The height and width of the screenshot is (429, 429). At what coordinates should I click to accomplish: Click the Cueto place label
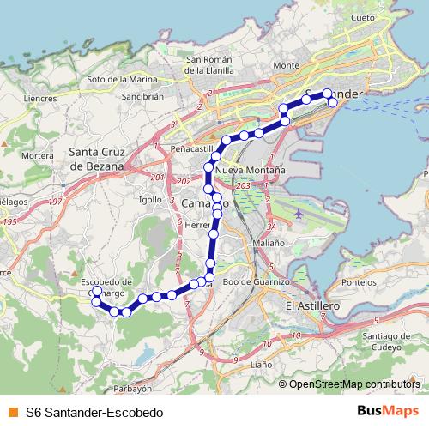click(x=363, y=17)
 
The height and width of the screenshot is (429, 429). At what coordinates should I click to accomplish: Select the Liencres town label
click(x=41, y=99)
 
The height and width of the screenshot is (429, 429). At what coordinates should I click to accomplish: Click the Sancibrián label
click(x=142, y=97)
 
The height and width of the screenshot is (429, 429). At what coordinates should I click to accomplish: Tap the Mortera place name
click(x=37, y=156)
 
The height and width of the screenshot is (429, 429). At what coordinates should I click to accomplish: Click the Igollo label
click(x=150, y=198)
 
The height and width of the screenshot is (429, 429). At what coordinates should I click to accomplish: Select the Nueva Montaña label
click(x=250, y=171)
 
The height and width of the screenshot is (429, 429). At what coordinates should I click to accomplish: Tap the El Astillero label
click(x=312, y=305)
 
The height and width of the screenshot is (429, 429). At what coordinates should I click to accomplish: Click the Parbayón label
click(x=132, y=388)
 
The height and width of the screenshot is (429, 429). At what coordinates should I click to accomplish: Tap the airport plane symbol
click(x=297, y=212)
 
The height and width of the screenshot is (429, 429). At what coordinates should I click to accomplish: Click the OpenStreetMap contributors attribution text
click(x=354, y=384)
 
